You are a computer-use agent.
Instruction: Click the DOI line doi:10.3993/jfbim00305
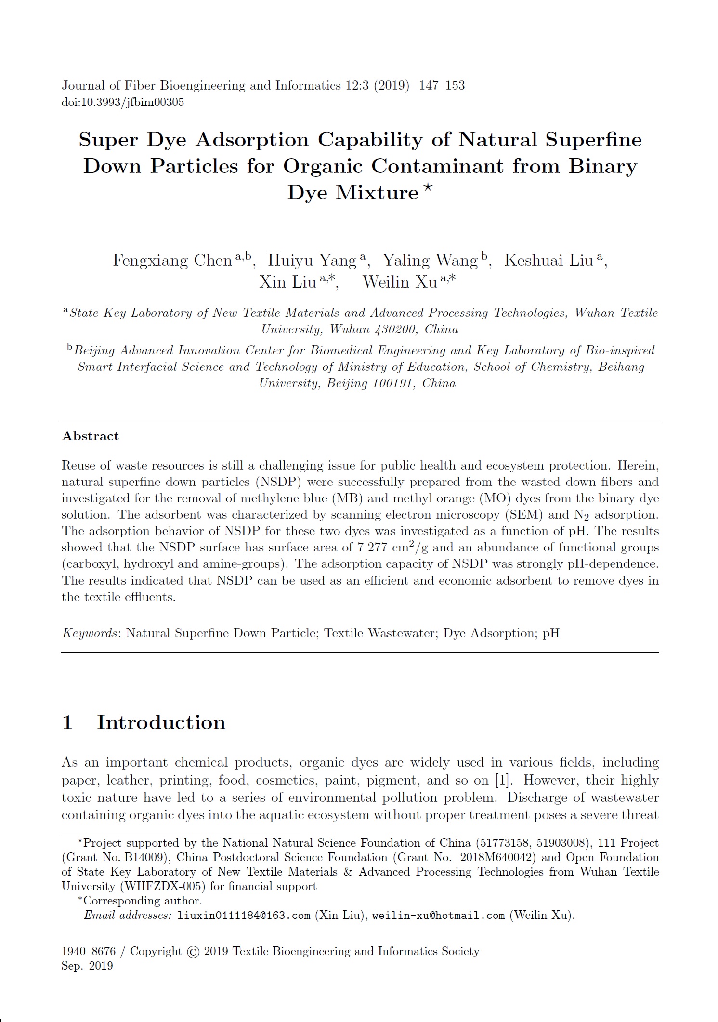[122, 102]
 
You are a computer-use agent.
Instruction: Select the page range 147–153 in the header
[442, 86]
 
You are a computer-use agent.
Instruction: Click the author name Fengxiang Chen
[172, 261]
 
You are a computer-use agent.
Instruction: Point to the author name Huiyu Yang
[312, 261]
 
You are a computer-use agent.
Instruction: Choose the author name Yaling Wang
[430, 261]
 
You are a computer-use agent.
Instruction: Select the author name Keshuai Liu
[548, 261]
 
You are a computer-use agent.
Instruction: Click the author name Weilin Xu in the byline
[400, 282]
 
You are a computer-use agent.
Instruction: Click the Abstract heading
[90, 436]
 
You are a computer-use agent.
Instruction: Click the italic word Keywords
[90, 633]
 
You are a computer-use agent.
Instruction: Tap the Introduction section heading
[161, 722]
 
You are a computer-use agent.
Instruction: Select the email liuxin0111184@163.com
[244, 916]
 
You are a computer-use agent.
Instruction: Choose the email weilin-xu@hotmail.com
[438, 916]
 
